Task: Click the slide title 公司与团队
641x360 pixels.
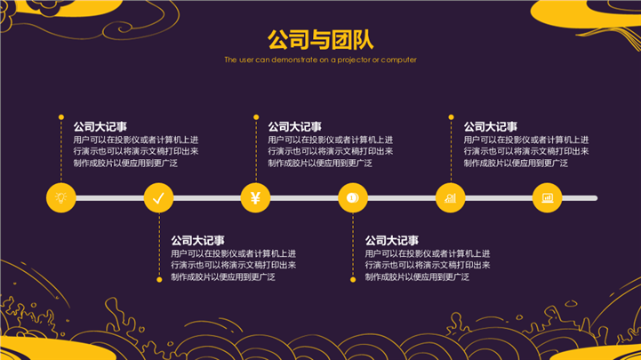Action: click(x=320, y=40)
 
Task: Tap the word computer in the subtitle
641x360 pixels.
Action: click(x=398, y=60)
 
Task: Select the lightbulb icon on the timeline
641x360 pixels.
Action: click(x=60, y=197)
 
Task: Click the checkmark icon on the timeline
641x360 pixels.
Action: click(x=158, y=197)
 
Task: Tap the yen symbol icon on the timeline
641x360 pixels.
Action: click(x=255, y=197)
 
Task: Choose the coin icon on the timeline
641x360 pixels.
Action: click(x=353, y=197)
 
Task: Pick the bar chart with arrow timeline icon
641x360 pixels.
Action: click(x=450, y=197)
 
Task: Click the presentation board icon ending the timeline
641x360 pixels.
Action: click(x=547, y=197)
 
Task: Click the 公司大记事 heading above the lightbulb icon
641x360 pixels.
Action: click(x=100, y=126)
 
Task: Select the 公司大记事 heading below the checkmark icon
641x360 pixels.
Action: click(x=197, y=240)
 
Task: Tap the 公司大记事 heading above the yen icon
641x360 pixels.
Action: click(x=294, y=126)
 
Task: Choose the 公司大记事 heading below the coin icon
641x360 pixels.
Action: click(x=392, y=240)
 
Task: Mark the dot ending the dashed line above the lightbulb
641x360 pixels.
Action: click(x=60, y=116)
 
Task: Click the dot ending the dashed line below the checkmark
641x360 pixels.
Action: click(x=158, y=280)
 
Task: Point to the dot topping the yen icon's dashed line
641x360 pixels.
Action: click(x=255, y=116)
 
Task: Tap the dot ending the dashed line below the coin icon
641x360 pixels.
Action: click(x=353, y=280)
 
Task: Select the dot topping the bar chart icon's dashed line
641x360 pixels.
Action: click(x=450, y=116)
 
